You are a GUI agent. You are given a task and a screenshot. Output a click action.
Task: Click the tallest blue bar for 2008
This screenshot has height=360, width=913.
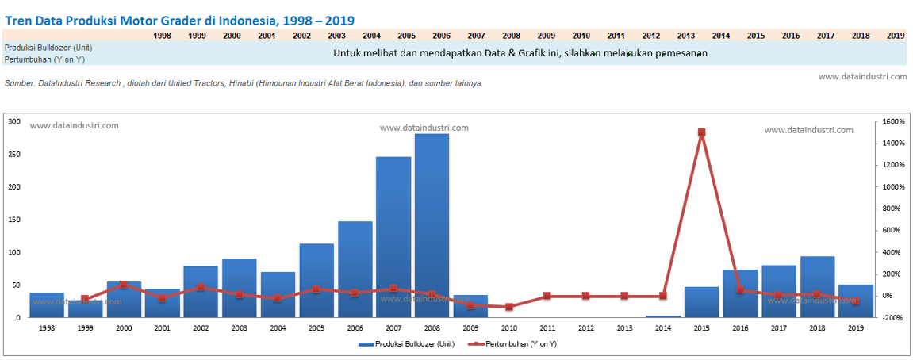pos(432,226)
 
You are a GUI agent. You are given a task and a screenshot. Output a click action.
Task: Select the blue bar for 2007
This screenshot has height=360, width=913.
pos(393,238)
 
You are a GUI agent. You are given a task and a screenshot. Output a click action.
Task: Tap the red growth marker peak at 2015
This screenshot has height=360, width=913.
pos(701,132)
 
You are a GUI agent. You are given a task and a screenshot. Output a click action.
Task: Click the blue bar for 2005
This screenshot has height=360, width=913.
pos(316,281)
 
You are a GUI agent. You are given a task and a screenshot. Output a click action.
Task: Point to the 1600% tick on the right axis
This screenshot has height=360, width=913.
pos(894,121)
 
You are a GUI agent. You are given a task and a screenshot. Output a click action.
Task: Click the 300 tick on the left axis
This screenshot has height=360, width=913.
pos(13,121)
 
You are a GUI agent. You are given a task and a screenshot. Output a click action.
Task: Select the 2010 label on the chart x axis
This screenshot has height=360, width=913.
pos(508,327)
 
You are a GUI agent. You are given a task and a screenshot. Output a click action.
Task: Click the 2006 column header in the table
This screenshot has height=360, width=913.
pos(441,36)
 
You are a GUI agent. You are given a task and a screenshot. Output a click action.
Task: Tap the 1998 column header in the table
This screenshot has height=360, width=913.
pos(162,36)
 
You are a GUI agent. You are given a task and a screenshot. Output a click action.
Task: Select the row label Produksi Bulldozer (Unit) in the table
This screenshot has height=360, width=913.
pos(48,48)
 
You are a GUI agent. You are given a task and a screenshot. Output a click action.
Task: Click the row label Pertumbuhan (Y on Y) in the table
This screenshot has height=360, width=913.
pos(44,59)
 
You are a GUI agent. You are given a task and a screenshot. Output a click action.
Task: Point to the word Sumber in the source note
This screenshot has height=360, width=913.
pos(20,83)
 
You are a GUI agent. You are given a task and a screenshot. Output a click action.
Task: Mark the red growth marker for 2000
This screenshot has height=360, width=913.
pos(124,285)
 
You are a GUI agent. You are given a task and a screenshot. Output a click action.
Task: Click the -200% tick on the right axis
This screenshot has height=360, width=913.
pos(893,317)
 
